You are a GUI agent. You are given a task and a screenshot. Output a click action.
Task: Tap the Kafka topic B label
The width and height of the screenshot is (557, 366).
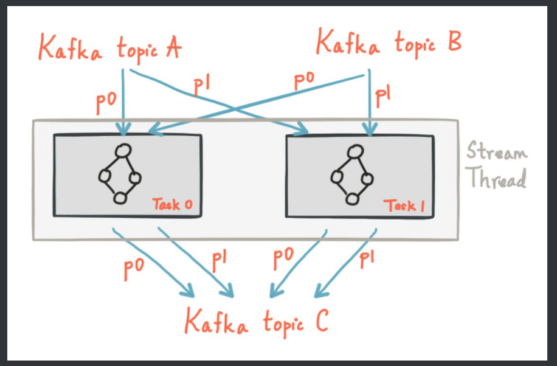click(389, 44)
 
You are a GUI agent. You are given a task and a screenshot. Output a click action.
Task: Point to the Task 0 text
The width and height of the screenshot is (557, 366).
click(172, 205)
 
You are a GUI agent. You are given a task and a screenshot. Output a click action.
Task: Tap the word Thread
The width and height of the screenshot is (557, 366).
click(496, 178)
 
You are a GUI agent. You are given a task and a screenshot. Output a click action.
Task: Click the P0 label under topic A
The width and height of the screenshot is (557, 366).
click(108, 103)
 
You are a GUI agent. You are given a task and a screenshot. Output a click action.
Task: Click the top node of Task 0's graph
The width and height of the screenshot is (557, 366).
click(123, 150)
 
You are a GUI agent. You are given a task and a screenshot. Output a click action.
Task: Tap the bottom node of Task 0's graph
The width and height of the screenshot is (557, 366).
click(120, 198)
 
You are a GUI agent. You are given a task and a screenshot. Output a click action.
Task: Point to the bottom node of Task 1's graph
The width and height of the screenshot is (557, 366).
click(351, 199)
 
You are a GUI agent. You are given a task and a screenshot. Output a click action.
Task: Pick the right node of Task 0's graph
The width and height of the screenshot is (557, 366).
click(134, 178)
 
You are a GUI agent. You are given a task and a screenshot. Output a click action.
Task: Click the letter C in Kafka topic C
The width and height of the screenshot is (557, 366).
click(320, 320)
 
